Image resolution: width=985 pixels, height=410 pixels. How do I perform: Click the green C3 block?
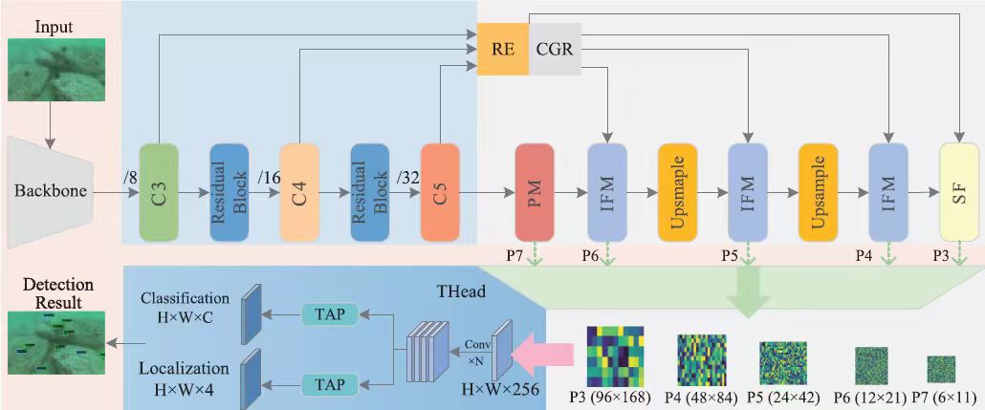pyautogui.click(x=159, y=191)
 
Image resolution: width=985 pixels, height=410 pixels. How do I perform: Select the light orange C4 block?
pyautogui.click(x=299, y=191)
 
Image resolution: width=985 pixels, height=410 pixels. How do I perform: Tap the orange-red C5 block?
pyautogui.click(x=440, y=191)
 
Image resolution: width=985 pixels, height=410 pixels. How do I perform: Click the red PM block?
pyautogui.click(x=535, y=191)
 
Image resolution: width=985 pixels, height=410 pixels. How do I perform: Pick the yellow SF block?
pyautogui.click(x=959, y=191)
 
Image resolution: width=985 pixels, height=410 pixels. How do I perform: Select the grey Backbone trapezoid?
pyautogui.click(x=51, y=190)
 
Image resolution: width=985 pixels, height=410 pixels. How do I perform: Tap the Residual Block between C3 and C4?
pyautogui.click(x=229, y=191)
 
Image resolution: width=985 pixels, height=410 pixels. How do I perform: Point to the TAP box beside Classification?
pyautogui.click(x=329, y=313)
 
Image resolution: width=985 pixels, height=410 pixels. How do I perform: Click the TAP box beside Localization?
pyautogui.click(x=329, y=384)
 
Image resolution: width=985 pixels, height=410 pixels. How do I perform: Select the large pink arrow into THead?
pyautogui.click(x=541, y=356)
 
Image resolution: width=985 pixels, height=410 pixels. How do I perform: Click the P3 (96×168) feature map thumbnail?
pyautogui.click(x=615, y=356)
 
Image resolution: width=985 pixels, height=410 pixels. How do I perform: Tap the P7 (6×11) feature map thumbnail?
pyautogui.click(x=942, y=369)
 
